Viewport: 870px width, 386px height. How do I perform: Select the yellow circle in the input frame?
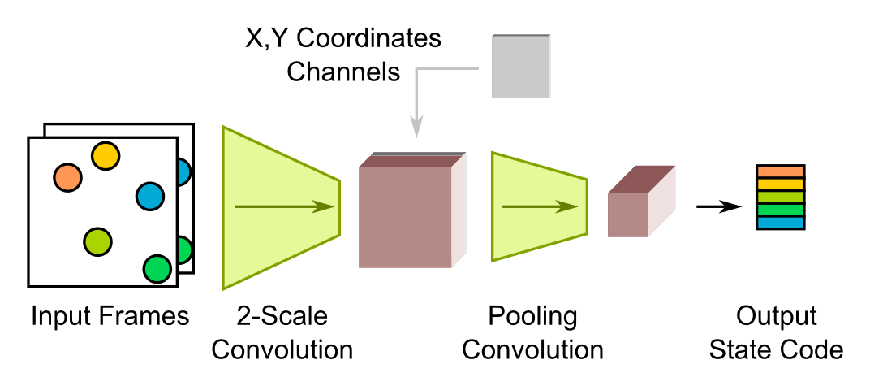(105, 155)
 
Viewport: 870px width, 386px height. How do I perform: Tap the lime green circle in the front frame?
(97, 241)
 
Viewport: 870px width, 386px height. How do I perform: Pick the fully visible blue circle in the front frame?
(149, 196)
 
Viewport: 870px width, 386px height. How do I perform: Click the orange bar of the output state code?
(780, 171)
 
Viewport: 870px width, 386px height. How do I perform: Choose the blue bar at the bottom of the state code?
(780, 222)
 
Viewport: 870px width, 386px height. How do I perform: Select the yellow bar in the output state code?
(780, 184)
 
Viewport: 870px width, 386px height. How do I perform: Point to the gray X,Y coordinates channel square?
(520, 66)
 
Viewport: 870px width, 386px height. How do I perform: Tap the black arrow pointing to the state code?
(719, 206)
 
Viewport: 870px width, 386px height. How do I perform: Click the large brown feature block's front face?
(405, 217)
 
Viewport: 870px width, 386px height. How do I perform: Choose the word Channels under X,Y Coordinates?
(344, 72)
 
